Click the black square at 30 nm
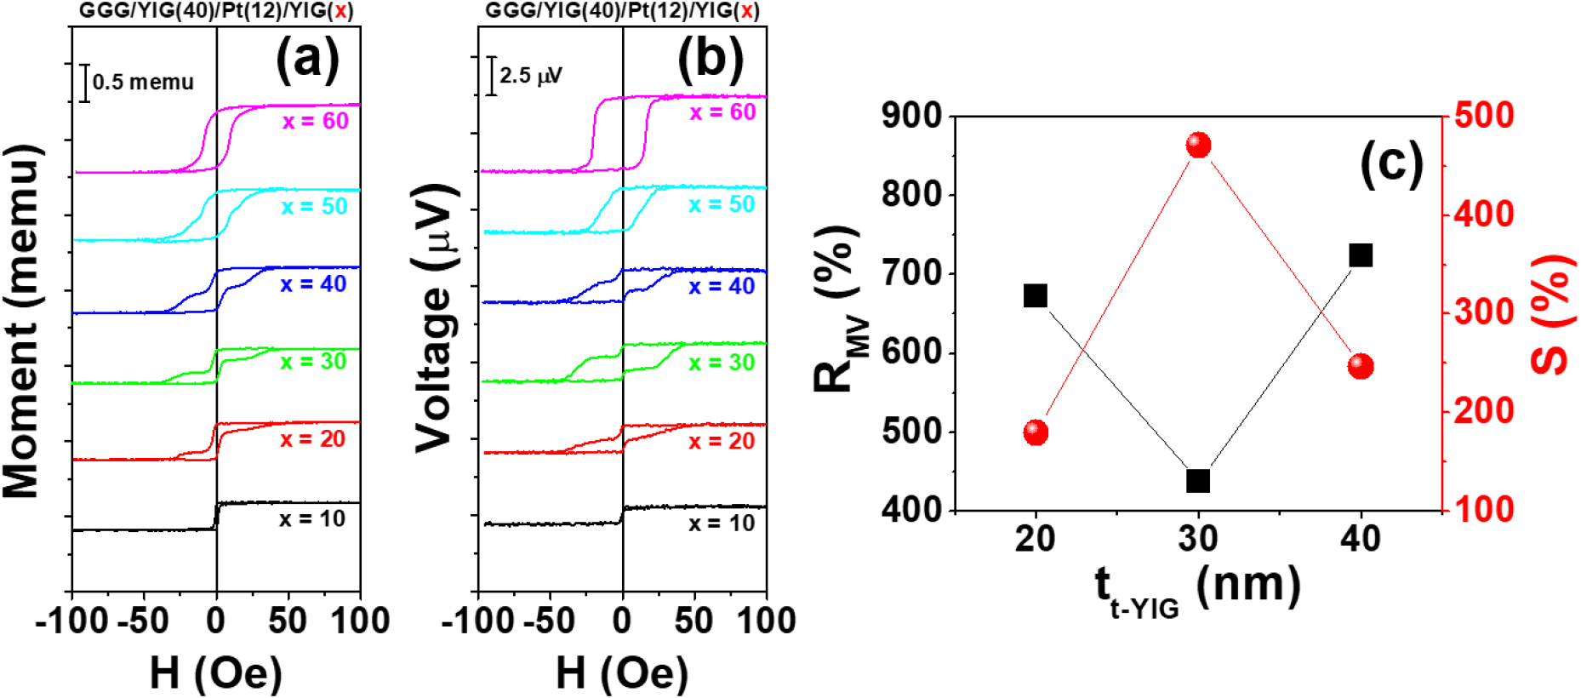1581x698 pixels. pyautogui.click(x=1198, y=481)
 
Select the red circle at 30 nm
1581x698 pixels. pyautogui.click(x=1198, y=146)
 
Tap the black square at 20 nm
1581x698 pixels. pyautogui.click(x=1036, y=296)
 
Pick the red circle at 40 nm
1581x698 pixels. pyautogui.click(x=1361, y=366)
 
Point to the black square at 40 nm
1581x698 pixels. pyautogui.click(x=1361, y=255)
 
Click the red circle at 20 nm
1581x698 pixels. pyautogui.click(x=1036, y=432)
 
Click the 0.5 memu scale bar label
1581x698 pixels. pyautogui.click(x=143, y=83)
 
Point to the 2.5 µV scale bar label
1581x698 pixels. pyautogui.click(x=530, y=76)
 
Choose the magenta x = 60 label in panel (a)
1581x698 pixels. pyautogui.click(x=316, y=121)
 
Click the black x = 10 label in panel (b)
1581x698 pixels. pyautogui.click(x=722, y=523)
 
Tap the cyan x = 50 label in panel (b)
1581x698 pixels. pyautogui.click(x=722, y=204)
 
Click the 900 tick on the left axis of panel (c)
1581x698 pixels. pyautogui.click(x=911, y=116)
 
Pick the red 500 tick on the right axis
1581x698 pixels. pyautogui.click(x=1484, y=115)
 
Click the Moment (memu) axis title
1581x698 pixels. pyautogui.click(x=22, y=321)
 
